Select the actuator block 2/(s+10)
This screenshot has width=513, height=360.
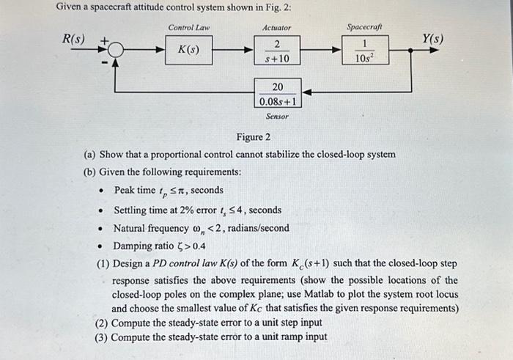click(276, 51)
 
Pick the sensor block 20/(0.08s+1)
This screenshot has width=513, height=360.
click(277, 93)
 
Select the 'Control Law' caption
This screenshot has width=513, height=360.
click(189, 28)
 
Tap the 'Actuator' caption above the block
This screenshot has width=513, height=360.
click(276, 28)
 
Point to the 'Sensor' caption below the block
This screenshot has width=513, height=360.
click(276, 117)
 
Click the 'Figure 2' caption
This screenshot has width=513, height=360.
click(253, 137)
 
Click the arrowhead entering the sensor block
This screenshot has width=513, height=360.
click(306, 93)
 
